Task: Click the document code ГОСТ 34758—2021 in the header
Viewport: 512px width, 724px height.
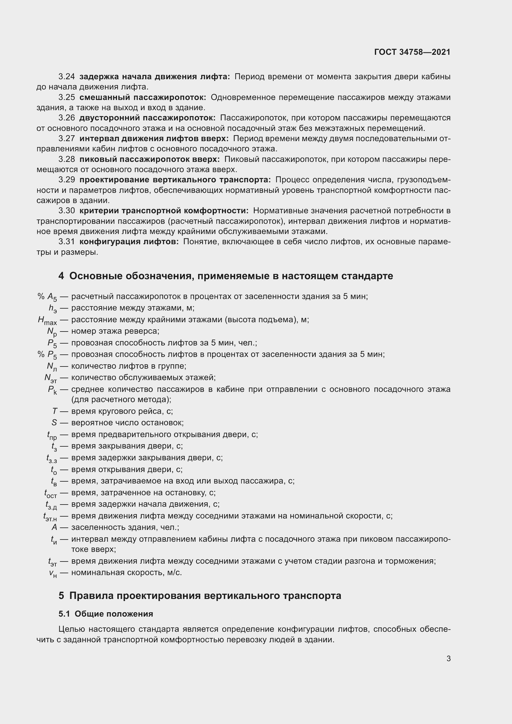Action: pyautogui.click(x=412, y=52)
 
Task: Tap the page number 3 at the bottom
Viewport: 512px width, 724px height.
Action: pyautogui.click(x=448, y=658)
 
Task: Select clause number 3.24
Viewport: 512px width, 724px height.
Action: pyautogui.click(x=67, y=77)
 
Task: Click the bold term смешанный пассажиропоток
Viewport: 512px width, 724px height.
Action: pyautogui.click(x=142, y=98)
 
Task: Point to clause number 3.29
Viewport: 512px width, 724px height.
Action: pyautogui.click(x=67, y=180)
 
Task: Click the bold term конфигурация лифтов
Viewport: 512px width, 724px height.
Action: pyautogui.click(x=129, y=242)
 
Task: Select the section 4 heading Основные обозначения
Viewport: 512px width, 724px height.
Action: pyautogui.click(x=225, y=276)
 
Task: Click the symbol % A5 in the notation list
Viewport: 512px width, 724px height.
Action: pyautogui.click(x=47, y=297)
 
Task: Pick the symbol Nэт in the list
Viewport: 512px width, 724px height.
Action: pyautogui.click(x=50, y=378)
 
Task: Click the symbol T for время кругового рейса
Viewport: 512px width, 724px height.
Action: pyautogui.click(x=54, y=411)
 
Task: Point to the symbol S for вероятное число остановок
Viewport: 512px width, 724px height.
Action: pyautogui.click(x=54, y=423)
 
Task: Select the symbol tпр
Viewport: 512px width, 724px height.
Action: pyautogui.click(x=52, y=435)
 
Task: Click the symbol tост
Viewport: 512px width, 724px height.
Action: pyautogui.click(x=50, y=493)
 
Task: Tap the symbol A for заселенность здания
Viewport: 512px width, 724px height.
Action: pyautogui.click(x=54, y=527)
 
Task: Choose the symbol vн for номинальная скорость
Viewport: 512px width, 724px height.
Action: pyautogui.click(x=53, y=573)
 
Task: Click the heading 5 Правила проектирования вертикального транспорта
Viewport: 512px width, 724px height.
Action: pyautogui.click(x=200, y=596)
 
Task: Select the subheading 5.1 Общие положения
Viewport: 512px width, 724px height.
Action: pyautogui.click(x=106, y=614)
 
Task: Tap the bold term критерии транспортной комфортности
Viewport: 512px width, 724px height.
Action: pyautogui.click(x=164, y=211)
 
